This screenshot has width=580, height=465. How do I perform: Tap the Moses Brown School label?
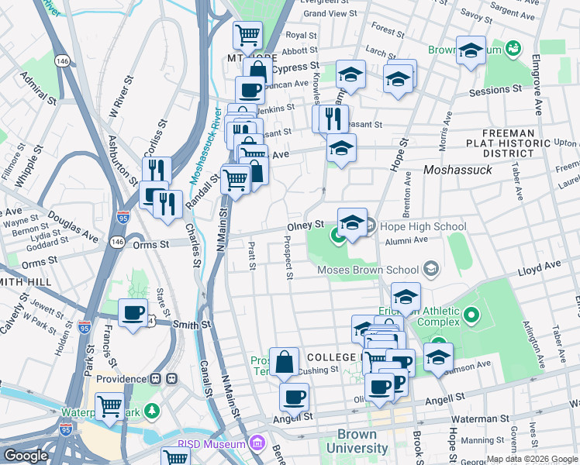(x=370, y=270)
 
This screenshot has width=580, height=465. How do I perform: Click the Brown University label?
(x=357, y=442)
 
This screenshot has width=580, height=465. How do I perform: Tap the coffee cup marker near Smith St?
(x=133, y=313)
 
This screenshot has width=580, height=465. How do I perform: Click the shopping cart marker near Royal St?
(x=247, y=34)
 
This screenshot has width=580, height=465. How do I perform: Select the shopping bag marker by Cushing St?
(x=285, y=361)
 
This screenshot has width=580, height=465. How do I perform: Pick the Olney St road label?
(x=306, y=226)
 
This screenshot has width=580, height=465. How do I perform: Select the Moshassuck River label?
(x=196, y=151)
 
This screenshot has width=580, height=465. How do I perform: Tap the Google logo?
(x=26, y=456)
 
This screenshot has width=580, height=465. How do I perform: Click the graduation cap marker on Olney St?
(x=352, y=222)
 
